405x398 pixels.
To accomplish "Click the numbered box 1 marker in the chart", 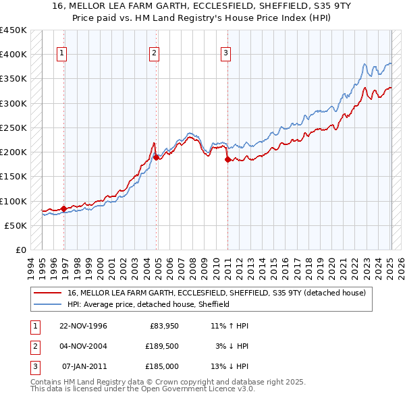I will (x=61, y=53).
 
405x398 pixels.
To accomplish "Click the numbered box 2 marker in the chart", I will (x=154, y=53).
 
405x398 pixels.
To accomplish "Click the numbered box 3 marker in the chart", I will (x=225, y=53).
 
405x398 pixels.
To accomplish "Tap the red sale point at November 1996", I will (x=63, y=208).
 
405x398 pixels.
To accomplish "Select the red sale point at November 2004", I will (x=156, y=157).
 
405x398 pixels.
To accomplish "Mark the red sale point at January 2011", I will (x=227, y=159).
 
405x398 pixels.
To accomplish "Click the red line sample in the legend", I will (x=47, y=293).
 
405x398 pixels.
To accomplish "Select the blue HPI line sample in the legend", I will (x=47, y=304).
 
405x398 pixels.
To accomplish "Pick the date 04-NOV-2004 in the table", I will (x=82, y=346).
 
